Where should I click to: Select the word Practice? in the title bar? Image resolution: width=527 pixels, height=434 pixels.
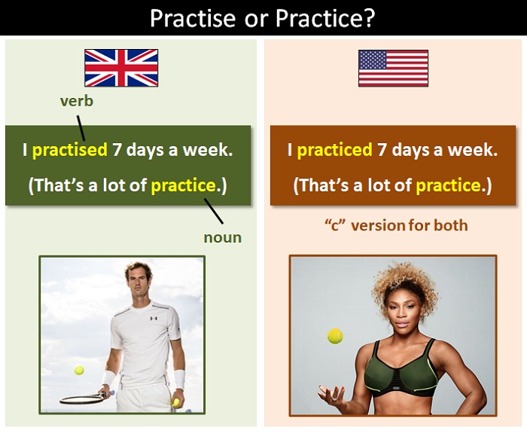(328, 17)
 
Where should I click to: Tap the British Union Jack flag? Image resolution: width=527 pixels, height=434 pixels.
(121, 68)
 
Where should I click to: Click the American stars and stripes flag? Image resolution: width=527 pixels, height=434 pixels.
(393, 68)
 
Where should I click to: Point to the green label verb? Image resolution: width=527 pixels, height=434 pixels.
(78, 101)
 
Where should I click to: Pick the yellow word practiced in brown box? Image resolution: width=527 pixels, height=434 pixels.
(335, 150)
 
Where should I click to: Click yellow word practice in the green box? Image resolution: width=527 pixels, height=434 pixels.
(181, 185)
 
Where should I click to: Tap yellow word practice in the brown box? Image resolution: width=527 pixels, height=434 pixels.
(448, 185)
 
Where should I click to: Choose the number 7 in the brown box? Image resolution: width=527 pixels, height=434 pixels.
(382, 150)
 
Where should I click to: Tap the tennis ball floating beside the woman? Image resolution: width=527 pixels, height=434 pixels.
(335, 336)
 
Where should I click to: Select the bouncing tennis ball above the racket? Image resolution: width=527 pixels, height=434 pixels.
(79, 371)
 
